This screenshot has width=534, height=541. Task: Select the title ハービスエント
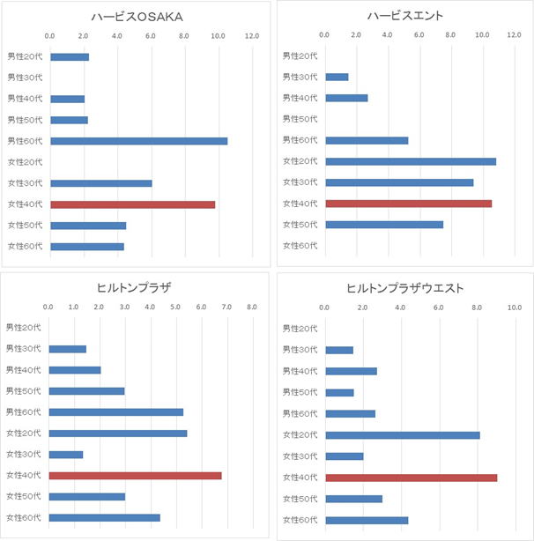pyautogui.click(x=404, y=15)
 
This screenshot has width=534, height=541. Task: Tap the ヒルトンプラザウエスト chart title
pyautogui.click(x=404, y=288)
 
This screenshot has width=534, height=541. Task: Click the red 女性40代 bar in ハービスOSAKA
pyautogui.click(x=132, y=204)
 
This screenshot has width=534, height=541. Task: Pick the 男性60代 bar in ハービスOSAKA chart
pyautogui.click(x=138, y=141)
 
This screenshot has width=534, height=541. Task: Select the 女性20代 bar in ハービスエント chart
pyautogui.click(x=410, y=161)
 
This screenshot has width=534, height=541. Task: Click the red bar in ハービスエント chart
pyautogui.click(x=408, y=204)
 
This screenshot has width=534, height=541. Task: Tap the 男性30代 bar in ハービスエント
pyautogui.click(x=337, y=77)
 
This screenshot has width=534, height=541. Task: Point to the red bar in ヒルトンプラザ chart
pyautogui.click(x=135, y=476)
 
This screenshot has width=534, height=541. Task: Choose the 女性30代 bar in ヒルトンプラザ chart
pyautogui.click(x=66, y=455)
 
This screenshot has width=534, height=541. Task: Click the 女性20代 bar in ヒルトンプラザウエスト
pyautogui.click(x=402, y=435)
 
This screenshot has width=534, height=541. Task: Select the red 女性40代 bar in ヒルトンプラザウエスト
pyautogui.click(x=411, y=478)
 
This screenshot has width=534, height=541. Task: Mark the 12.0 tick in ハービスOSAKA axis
pyautogui.click(x=251, y=36)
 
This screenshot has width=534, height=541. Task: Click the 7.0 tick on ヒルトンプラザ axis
pyautogui.click(x=226, y=308)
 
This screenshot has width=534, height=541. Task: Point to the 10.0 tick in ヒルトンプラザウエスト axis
pyautogui.click(x=514, y=308)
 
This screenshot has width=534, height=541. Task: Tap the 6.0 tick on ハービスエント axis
pyautogui.click(x=419, y=35)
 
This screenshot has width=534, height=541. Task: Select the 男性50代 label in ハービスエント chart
pyautogui.click(x=300, y=119)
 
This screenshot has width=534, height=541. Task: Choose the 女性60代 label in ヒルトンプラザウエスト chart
pyautogui.click(x=300, y=520)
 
